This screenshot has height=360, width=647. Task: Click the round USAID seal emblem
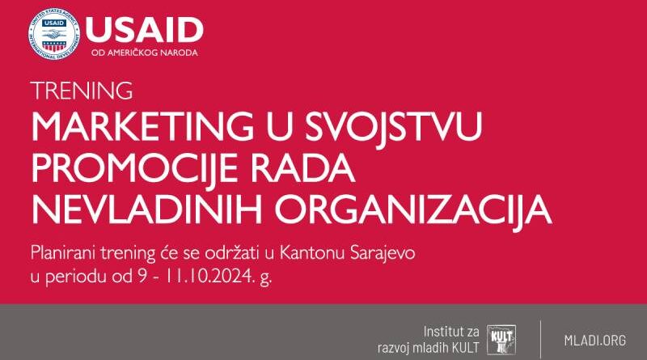(x=54, y=34)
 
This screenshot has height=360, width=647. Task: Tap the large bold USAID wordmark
(x=145, y=30)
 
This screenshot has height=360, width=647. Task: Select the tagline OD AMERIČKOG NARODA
(x=145, y=53)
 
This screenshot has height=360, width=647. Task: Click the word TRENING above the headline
(x=82, y=91)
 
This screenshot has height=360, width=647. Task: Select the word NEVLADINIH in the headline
(x=147, y=210)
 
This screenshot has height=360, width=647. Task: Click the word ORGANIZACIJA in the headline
(x=413, y=210)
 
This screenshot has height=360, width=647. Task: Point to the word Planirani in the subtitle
(x=64, y=252)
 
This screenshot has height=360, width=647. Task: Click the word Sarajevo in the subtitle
(x=382, y=252)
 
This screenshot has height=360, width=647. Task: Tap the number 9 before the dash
(x=142, y=277)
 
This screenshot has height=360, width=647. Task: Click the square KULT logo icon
(x=501, y=341)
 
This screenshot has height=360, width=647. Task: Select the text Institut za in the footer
(x=451, y=332)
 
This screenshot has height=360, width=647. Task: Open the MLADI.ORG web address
(x=595, y=341)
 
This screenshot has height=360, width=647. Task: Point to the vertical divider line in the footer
(x=540, y=339)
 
